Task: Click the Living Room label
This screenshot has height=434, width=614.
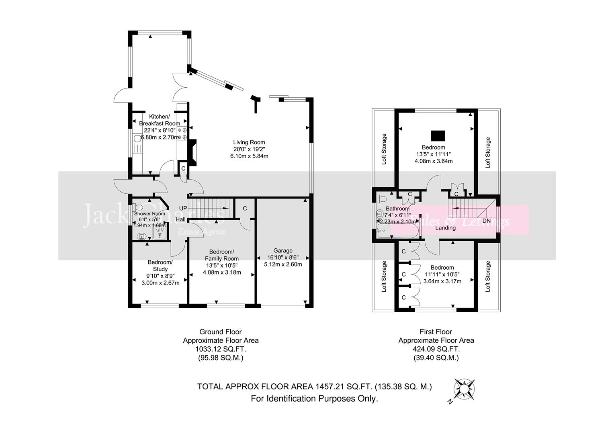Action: coord(249,142)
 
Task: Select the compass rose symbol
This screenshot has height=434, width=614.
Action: coord(465,389)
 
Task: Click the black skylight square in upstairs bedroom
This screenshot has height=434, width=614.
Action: coord(438,135)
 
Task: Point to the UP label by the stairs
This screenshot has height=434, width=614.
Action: coord(183,209)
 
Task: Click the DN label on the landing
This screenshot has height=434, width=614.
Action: coord(486,221)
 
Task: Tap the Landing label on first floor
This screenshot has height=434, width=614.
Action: coord(446,228)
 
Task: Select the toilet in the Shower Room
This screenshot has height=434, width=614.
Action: coord(139,207)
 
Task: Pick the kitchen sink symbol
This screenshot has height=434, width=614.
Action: coord(137,139)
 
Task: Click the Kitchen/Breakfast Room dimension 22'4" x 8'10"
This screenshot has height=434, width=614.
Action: coord(160,130)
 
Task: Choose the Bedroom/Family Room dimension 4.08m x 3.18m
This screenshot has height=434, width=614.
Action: coord(222,272)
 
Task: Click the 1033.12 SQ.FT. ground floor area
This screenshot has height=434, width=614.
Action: coord(221,349)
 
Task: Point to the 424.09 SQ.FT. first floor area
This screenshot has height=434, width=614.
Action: coord(436,349)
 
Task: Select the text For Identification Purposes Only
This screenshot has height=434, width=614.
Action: coord(314,399)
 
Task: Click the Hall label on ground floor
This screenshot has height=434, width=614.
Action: coord(180,219)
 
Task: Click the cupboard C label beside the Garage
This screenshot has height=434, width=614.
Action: coord(244,208)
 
